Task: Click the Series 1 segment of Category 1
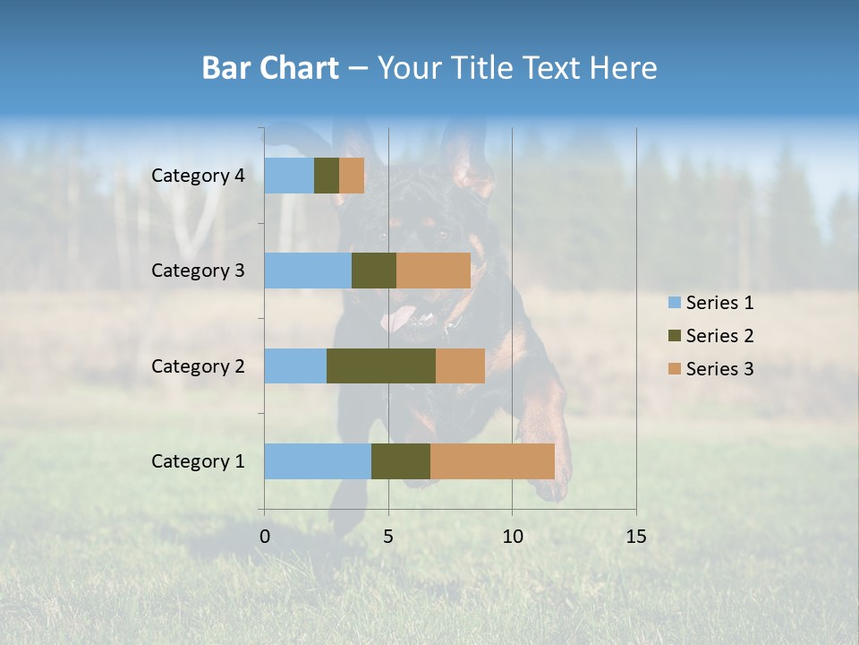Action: pos(318,461)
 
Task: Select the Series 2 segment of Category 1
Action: pos(401,461)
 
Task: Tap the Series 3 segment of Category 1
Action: pos(492,461)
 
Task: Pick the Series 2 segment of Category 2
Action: pos(381,365)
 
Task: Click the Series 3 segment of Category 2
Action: pos(460,365)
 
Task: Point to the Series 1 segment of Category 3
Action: pos(308,271)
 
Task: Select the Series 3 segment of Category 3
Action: pos(433,271)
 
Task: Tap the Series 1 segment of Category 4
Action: pos(289,176)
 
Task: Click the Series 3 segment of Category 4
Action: pos(352,176)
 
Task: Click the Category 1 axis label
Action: pos(198,461)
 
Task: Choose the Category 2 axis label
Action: pos(198,365)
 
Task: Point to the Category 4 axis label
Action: pos(198,176)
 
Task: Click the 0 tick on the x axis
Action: pos(265,537)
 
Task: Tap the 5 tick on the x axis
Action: pos(388,537)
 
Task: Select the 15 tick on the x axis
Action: pos(636,537)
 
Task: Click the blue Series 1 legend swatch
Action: pos(674,303)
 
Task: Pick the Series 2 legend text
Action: pos(719,336)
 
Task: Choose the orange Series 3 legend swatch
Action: pos(674,369)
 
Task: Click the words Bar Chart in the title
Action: pos(270,68)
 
